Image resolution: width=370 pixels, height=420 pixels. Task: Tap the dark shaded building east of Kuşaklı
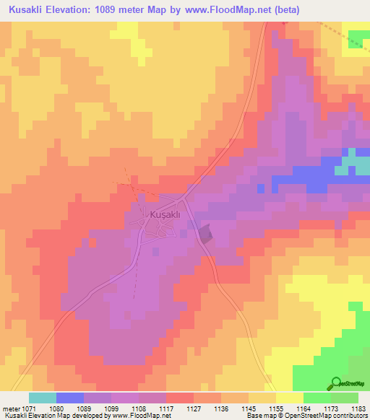tap(206, 233)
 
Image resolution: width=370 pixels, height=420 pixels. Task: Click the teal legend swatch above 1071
tap(42, 398)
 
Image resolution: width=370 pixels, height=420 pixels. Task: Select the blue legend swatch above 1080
tap(69, 398)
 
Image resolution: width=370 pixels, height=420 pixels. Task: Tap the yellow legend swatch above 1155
tap(289, 398)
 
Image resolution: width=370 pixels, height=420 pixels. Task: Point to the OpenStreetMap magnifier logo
tap(337, 382)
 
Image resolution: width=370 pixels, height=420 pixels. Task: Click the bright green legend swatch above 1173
tap(317, 398)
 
